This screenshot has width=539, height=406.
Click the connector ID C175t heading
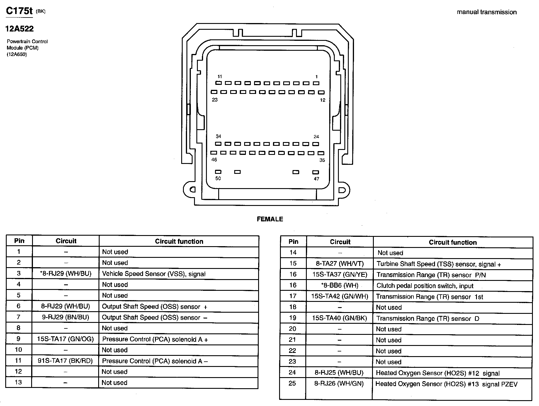tap(19, 11)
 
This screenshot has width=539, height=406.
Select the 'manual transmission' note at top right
tap(487, 12)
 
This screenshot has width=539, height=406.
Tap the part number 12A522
tap(19, 29)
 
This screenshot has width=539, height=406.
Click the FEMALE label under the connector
tap(270, 219)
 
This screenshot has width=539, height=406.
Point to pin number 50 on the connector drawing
tap(218, 178)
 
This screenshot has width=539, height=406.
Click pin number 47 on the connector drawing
tap(316, 179)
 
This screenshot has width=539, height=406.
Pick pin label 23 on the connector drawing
tap(215, 100)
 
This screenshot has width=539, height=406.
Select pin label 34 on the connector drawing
tap(219, 136)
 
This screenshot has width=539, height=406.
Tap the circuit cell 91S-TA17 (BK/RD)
tap(65, 361)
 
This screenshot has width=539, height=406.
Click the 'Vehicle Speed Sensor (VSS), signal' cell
tap(154, 274)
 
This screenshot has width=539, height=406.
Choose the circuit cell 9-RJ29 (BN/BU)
tap(66, 317)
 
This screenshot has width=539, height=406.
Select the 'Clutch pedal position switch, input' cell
tap(425, 286)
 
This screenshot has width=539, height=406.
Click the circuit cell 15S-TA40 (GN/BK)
tap(339, 318)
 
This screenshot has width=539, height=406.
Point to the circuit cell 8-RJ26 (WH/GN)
tap(339, 384)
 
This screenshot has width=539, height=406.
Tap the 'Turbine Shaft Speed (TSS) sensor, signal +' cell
tap(438, 264)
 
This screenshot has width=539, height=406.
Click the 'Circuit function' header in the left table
tap(179, 241)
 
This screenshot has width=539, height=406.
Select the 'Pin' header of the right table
tap(293, 242)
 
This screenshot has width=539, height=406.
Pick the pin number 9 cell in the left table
tap(18, 339)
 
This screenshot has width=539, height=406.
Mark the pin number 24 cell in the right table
tap(292, 372)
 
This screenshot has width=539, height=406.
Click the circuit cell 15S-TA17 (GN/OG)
tap(65, 339)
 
